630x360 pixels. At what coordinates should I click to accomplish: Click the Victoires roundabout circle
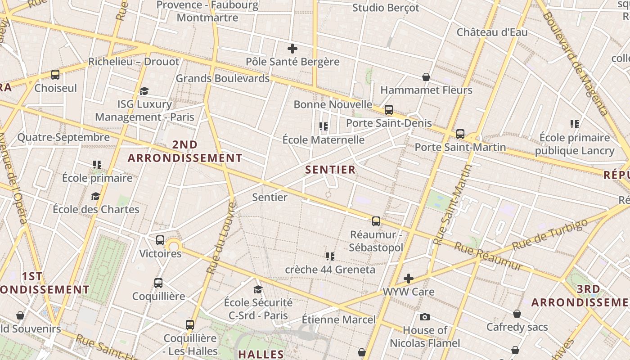coord(174,246)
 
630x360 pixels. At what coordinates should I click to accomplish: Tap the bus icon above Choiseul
coord(55,75)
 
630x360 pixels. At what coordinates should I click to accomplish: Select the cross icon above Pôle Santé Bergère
coord(292,49)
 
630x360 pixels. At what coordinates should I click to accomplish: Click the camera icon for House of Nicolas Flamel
coord(424,317)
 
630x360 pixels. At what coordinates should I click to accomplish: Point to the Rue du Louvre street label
coord(221,238)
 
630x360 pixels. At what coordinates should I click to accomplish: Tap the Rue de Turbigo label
coord(550,235)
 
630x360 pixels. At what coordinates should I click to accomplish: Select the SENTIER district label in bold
coord(330,170)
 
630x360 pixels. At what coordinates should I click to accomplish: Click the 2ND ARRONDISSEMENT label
coord(185,151)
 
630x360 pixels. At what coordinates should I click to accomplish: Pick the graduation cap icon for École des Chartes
coord(95,196)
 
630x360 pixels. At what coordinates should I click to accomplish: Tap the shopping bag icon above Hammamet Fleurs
coord(426,77)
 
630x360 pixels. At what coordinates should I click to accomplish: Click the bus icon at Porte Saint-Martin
coord(460,134)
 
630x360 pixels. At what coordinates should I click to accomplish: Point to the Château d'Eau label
coord(492,32)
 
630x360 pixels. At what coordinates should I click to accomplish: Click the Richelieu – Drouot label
coord(134,62)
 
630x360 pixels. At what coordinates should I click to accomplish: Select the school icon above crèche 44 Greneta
coord(330,256)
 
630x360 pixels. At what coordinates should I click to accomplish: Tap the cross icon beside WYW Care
coord(409,279)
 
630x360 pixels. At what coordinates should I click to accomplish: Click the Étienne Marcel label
coord(338,319)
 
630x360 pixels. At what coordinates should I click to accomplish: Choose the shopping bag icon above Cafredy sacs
coord(517,314)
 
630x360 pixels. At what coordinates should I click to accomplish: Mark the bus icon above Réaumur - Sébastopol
coord(376,221)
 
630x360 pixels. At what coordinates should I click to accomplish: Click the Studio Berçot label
coord(386,8)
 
